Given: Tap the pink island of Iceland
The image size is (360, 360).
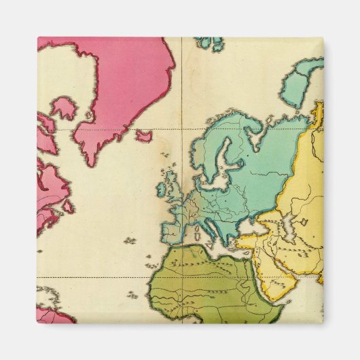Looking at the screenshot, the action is pyautogui.click(x=143, y=136).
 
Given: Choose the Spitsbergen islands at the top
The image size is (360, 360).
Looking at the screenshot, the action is pyautogui.click(x=210, y=43).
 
